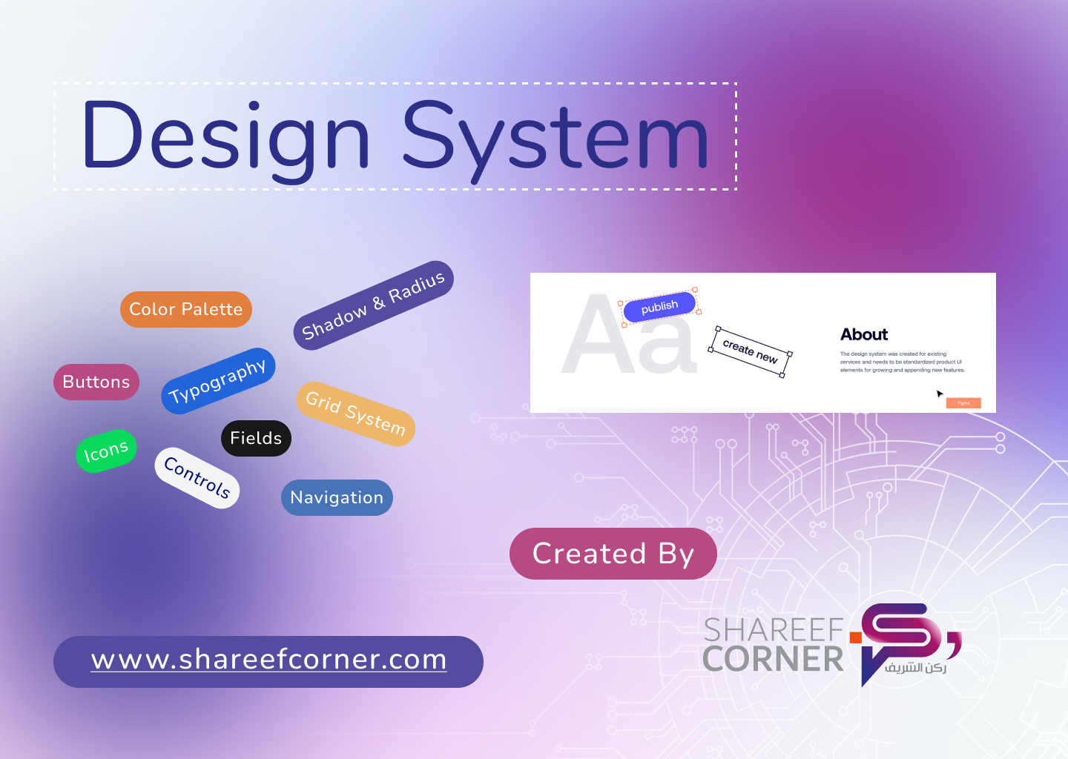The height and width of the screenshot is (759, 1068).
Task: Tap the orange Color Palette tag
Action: (186, 309)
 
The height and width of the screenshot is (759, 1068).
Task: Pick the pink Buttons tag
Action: (96, 382)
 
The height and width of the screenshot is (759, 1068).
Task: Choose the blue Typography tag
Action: (218, 381)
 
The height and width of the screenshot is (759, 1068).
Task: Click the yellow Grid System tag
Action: (355, 414)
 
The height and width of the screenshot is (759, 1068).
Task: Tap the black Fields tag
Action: (256, 438)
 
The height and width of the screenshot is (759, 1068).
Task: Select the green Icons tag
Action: (106, 451)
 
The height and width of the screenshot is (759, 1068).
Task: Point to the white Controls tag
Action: (197, 477)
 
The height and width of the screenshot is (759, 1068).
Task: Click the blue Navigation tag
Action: (337, 497)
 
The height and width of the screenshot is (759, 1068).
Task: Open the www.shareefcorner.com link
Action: (268, 660)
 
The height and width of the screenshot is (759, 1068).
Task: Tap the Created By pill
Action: (613, 554)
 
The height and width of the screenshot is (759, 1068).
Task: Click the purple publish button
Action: (659, 306)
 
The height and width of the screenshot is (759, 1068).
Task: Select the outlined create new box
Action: (750, 351)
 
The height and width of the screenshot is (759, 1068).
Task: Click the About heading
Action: (864, 334)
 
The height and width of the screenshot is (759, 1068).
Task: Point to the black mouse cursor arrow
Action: (940, 394)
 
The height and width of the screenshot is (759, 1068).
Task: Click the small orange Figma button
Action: (963, 403)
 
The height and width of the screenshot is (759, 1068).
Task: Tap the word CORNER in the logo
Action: (774, 659)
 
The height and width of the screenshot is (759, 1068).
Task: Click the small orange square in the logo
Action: (855, 637)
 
